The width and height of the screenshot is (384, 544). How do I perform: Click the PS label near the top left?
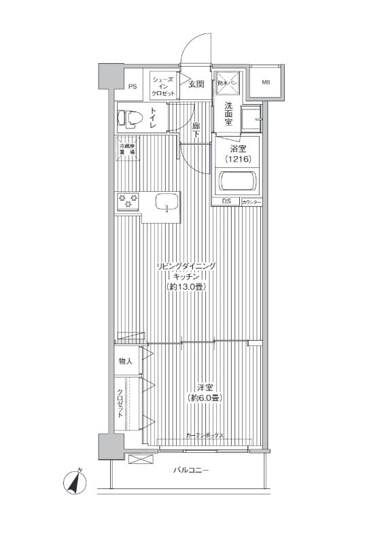point(133,87)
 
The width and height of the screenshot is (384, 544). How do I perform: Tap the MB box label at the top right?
point(265,83)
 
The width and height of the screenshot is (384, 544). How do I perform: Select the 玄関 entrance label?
point(196,84)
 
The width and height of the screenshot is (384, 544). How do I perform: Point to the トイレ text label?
point(154,118)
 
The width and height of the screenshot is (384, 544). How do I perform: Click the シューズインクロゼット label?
point(163,86)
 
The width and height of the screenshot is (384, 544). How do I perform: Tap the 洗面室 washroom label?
point(228,114)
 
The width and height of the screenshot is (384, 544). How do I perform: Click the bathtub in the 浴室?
point(237,182)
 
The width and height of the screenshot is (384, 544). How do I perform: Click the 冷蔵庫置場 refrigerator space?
point(127,149)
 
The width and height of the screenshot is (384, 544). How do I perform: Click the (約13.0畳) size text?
point(186,287)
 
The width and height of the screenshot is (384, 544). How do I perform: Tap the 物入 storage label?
point(126,360)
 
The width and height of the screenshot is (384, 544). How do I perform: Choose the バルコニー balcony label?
point(191,471)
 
